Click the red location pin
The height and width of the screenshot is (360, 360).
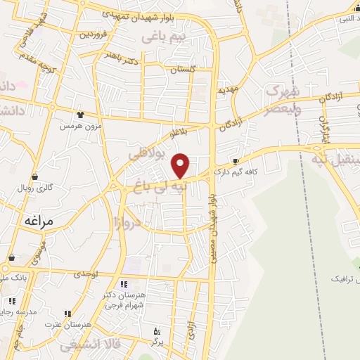coord(181,165)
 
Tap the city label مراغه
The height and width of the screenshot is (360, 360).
coord(39,220)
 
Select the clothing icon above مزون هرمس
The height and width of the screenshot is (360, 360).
coord(81,115)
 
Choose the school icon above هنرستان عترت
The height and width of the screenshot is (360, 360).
coord(67,314)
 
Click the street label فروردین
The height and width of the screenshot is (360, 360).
coord(93,33)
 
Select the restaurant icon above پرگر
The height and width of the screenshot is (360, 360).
coord(157,330)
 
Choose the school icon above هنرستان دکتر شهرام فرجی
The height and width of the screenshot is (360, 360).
coord(124,285)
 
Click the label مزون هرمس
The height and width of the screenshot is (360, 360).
coord(76,125)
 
